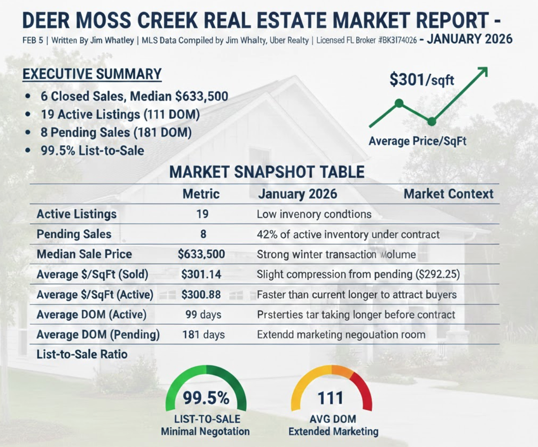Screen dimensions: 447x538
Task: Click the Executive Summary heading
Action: tap(92, 74)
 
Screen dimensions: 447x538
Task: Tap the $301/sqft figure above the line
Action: tap(421, 80)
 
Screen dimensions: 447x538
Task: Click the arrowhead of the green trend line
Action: tap(484, 71)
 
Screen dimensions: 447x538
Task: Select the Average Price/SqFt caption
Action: tap(417, 141)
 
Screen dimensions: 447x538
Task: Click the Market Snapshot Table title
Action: tap(267, 172)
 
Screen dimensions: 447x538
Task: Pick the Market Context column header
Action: tap(448, 194)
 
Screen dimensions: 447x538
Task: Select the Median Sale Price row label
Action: tap(84, 254)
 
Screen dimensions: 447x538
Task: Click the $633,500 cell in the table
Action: tap(201, 254)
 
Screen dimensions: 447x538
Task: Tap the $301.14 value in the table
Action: tap(201, 274)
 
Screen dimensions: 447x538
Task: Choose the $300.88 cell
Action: tap(201, 294)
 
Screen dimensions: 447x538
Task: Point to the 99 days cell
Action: tap(203, 314)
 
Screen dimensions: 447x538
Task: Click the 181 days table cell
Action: tap(203, 335)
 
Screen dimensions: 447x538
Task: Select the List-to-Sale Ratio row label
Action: tap(82, 354)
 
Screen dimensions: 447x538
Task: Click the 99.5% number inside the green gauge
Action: tap(206, 398)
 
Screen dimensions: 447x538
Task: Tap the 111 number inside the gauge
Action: tap(331, 398)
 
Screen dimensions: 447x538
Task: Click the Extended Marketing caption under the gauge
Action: tap(333, 432)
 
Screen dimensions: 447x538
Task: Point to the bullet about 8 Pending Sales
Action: tap(116, 133)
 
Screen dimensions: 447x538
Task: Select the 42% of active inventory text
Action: tap(348, 235)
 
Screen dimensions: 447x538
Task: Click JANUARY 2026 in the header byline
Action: tap(469, 39)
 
